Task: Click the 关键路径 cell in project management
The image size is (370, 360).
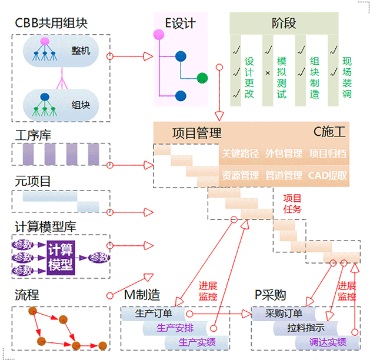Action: click(240, 154)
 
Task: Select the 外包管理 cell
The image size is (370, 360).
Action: click(284, 154)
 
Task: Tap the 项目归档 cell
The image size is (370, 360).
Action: click(328, 154)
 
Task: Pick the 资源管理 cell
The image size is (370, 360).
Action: click(240, 175)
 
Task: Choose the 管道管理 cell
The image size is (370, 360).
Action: click(284, 175)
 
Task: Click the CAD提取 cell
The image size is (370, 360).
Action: click(328, 175)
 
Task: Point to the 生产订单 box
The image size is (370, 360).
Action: click(154, 314)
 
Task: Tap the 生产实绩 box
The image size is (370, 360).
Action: click(196, 342)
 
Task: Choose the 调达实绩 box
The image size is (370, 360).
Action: click(328, 342)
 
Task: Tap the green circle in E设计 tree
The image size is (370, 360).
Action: click(203, 78)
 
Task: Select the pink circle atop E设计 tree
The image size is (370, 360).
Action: click(159, 35)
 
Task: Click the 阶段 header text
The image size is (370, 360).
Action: click(284, 24)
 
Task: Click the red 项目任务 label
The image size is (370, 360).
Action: click(292, 204)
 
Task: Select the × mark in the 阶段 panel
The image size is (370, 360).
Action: click(268, 74)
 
